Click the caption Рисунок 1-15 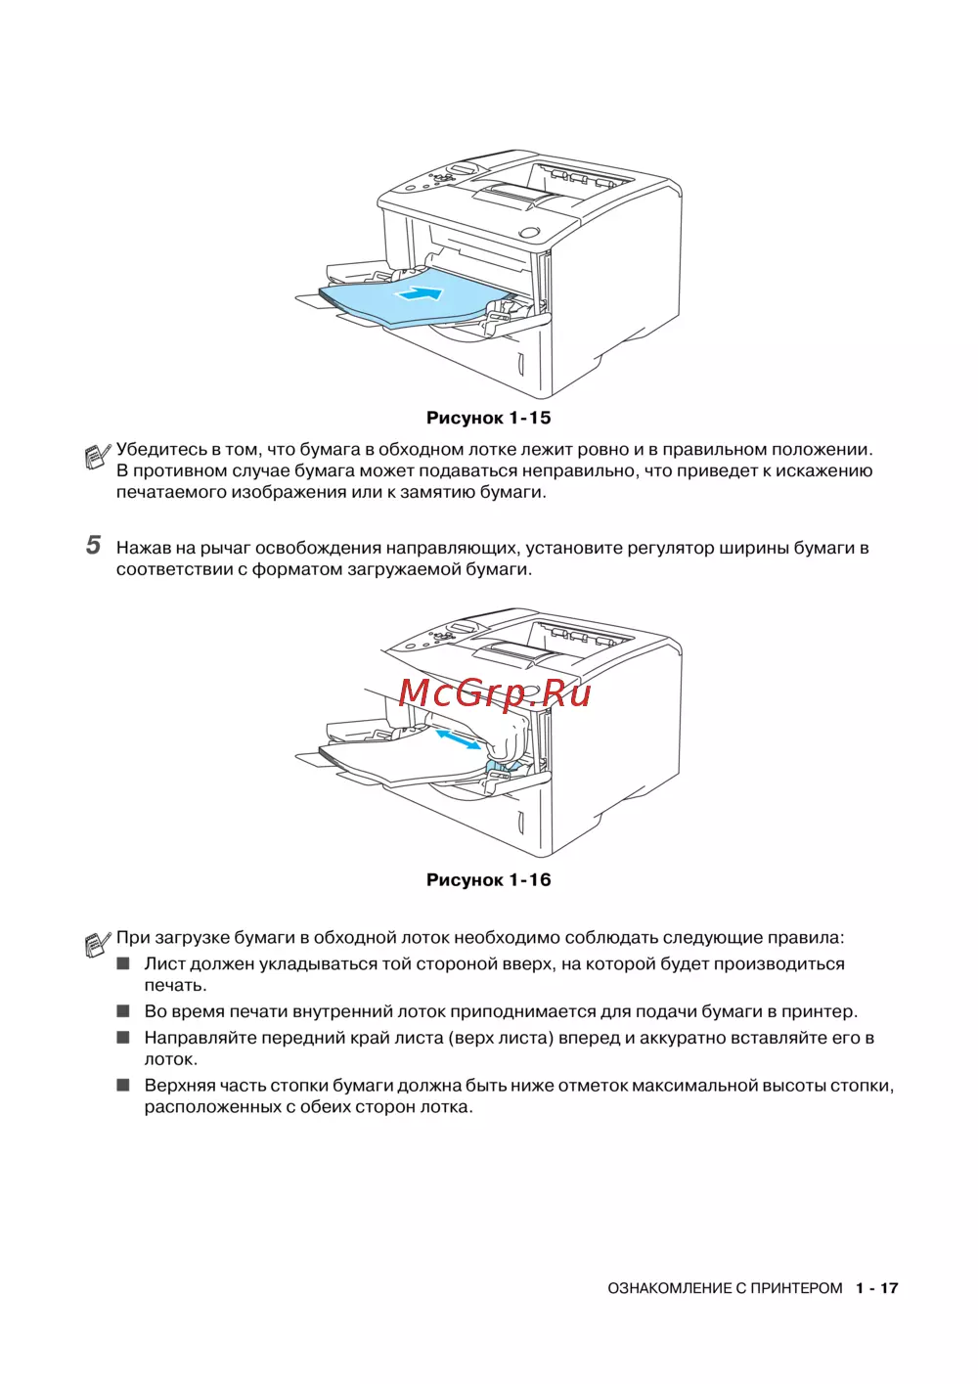coord(488,418)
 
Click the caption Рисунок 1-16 coord(488,879)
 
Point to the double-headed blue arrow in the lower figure coord(458,739)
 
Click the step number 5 coord(93,546)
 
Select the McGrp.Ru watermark coord(495,692)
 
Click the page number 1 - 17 coord(876,1288)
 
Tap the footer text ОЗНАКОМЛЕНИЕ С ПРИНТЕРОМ coord(725,1288)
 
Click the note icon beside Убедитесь coord(98,456)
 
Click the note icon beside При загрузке coord(98,944)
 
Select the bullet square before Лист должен coord(123,963)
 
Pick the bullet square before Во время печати coord(123,1011)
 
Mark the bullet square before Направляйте coord(123,1038)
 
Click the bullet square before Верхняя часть coord(123,1085)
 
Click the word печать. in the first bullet coord(175,985)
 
